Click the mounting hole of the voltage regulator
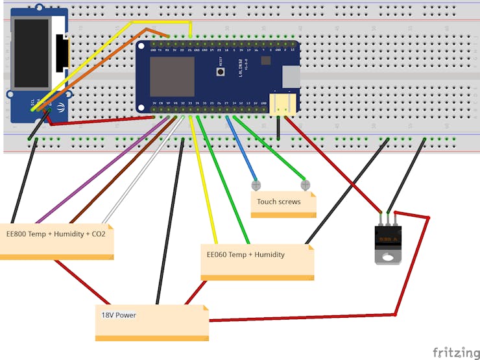pyautogui.click(x=388, y=258)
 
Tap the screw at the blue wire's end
pyautogui.click(x=256, y=186)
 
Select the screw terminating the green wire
pyautogui.click(x=306, y=185)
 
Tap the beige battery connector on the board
pyautogui.click(x=282, y=104)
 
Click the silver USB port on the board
pyautogui.click(x=291, y=77)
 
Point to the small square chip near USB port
pyautogui.click(x=266, y=60)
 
